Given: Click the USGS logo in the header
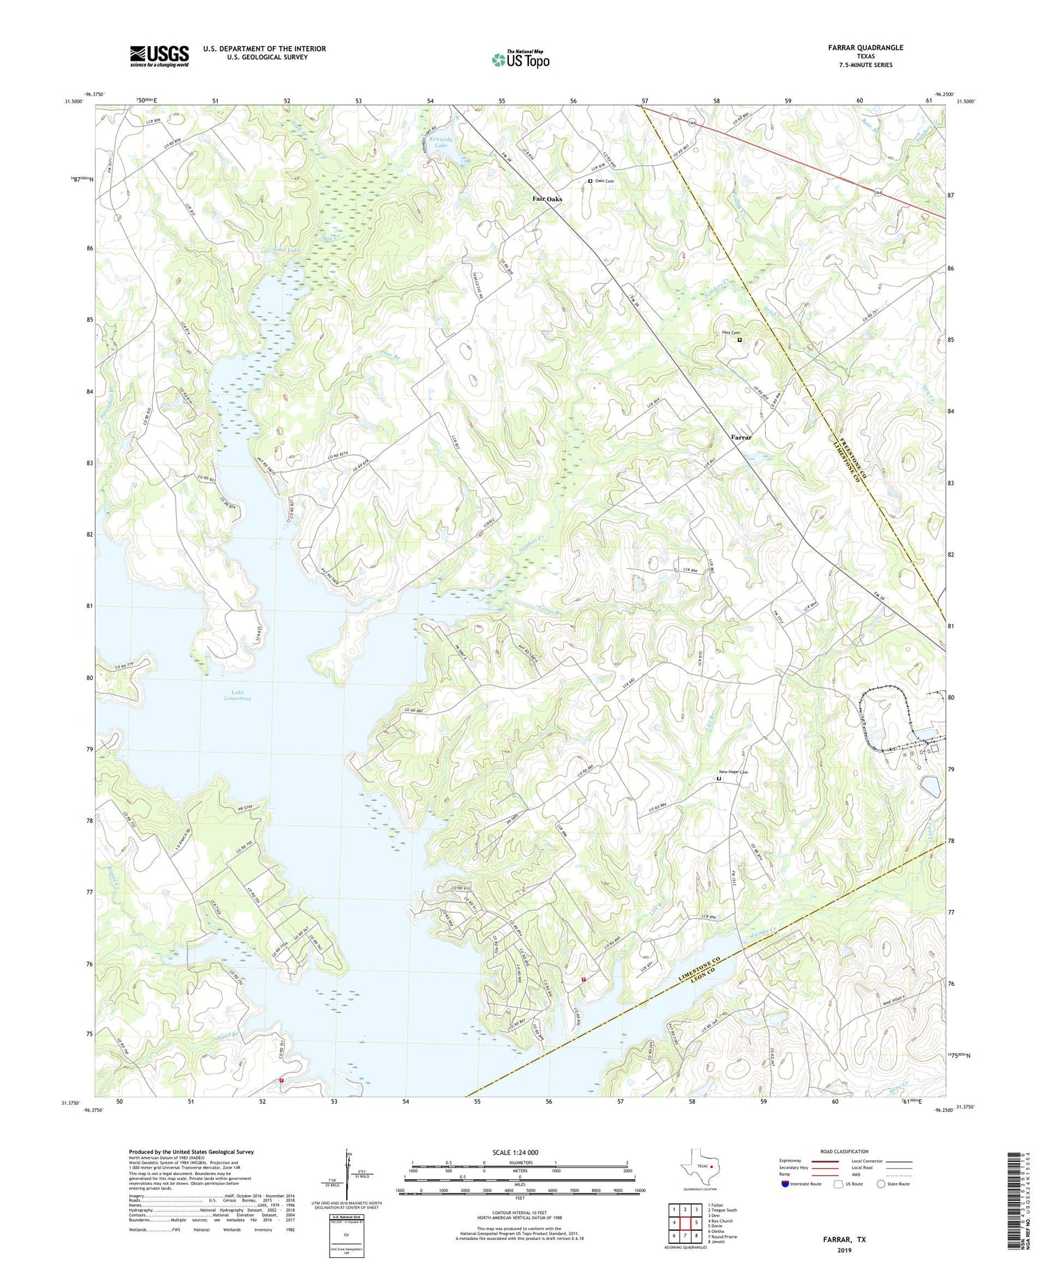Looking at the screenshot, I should [x=159, y=57].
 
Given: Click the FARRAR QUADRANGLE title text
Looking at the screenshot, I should [x=861, y=47].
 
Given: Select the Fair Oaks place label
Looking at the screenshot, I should [x=547, y=199].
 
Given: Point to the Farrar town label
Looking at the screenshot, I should [x=741, y=437].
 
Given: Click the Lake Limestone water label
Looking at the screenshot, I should [x=237, y=694].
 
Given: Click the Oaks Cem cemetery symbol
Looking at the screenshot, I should [x=590, y=181].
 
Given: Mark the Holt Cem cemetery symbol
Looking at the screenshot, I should [x=740, y=340].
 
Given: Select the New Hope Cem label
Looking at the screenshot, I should [x=733, y=772].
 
